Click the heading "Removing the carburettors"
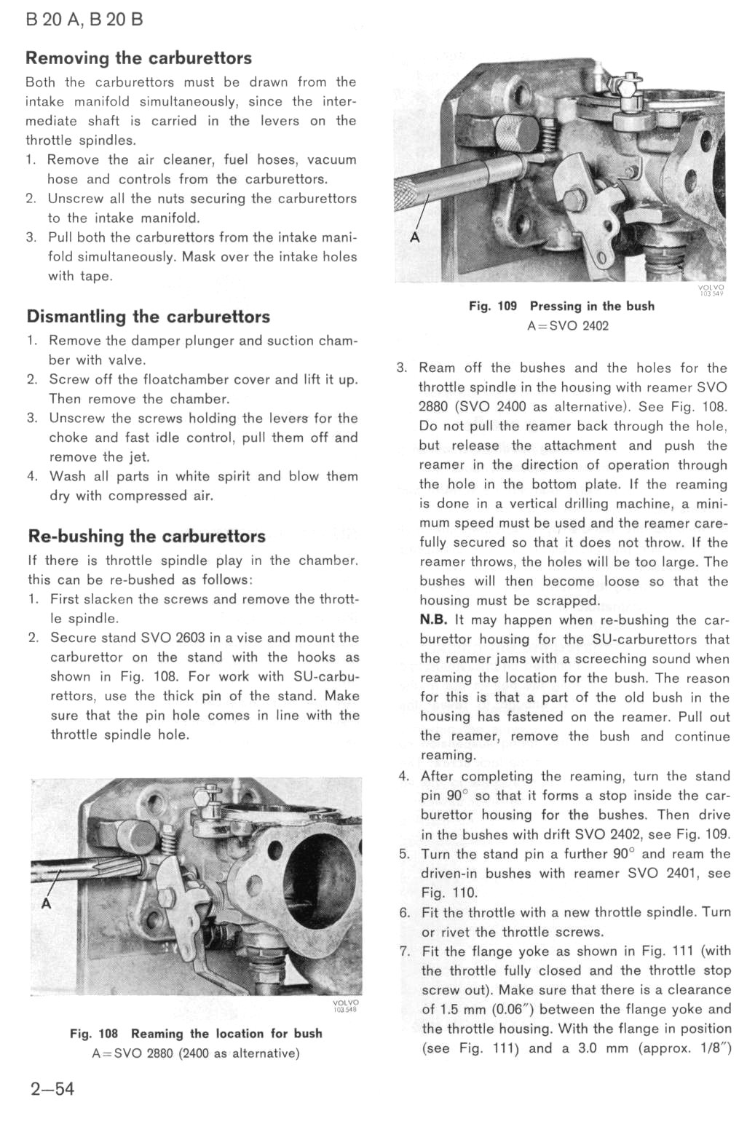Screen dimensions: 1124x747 click(138, 58)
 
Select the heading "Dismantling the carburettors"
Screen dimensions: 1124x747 click(148, 317)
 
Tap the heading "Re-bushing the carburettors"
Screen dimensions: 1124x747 click(146, 537)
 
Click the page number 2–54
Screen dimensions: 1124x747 click(52, 1089)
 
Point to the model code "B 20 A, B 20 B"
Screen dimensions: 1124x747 click(84, 20)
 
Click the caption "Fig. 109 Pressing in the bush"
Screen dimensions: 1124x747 click(561, 306)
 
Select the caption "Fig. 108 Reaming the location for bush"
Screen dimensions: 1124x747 click(196, 1034)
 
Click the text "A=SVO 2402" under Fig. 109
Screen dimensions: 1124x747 click(568, 326)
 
